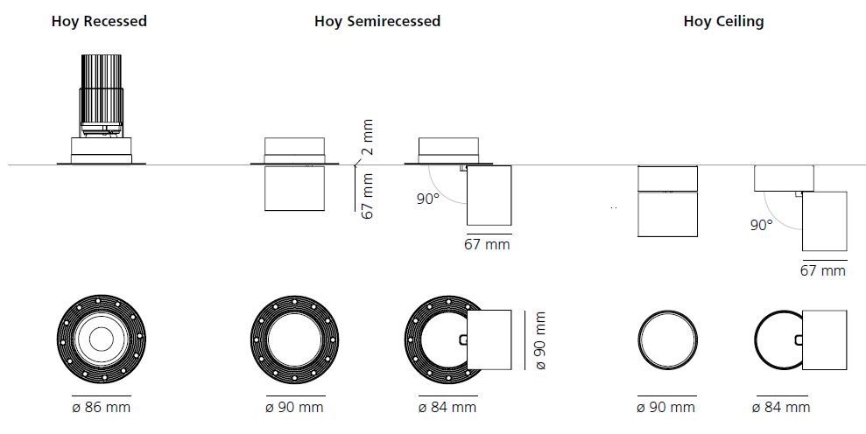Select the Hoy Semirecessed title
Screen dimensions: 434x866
coord(377,21)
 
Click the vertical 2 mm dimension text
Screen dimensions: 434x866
coord(368,136)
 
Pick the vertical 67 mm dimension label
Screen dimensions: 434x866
coord(368,196)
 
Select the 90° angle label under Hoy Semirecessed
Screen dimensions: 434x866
coord(427,199)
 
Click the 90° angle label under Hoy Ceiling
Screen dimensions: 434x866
coord(761,224)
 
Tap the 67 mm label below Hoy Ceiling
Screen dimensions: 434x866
coord(823,270)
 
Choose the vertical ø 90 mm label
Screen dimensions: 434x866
coord(539,341)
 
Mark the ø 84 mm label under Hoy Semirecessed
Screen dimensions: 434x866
coord(447,407)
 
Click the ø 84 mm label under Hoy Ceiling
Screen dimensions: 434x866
coord(781,407)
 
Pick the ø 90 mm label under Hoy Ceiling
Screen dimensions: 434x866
coord(666,407)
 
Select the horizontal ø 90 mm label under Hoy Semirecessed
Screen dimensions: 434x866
coord(294,407)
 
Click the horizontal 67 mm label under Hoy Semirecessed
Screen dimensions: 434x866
coord(487,244)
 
